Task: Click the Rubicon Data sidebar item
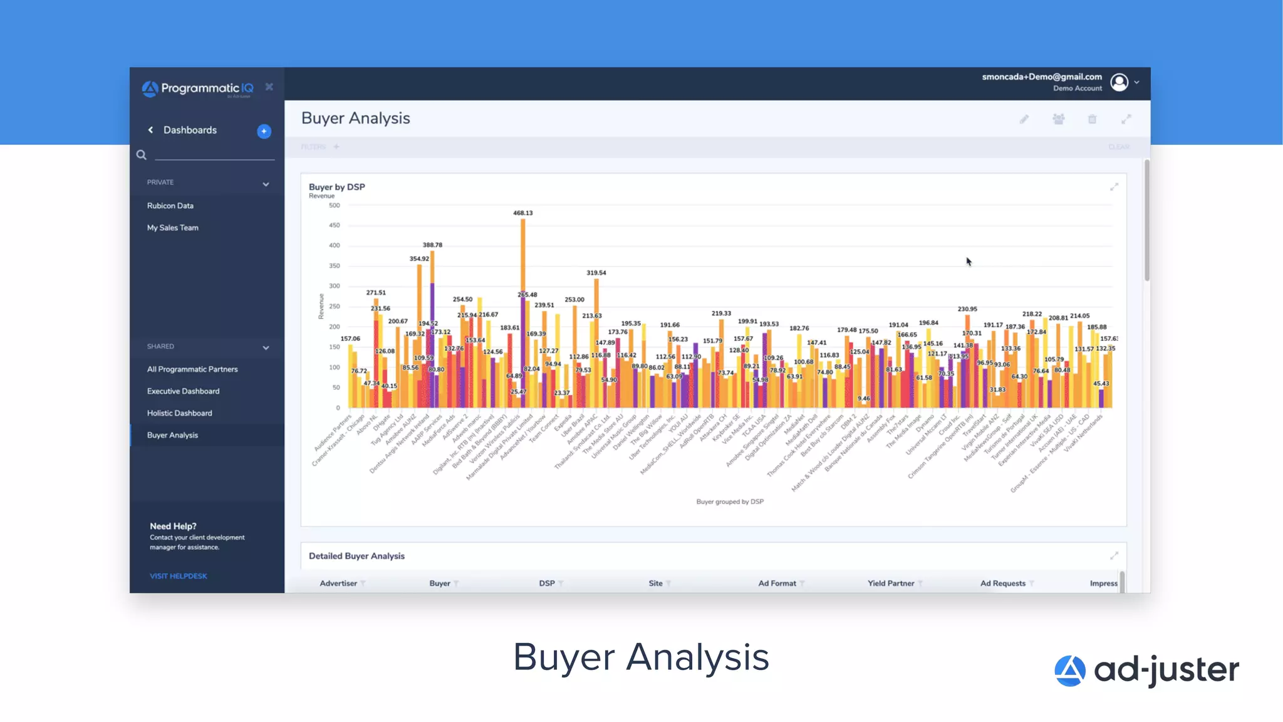(x=170, y=206)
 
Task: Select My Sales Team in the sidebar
(x=172, y=228)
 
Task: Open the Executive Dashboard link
(x=183, y=391)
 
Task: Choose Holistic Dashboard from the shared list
(x=179, y=413)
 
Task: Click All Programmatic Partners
(x=192, y=369)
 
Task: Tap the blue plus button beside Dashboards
(x=264, y=131)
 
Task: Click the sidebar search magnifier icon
(x=142, y=155)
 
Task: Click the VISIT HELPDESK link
(x=178, y=576)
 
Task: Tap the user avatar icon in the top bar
(x=1119, y=82)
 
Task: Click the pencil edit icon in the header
(x=1024, y=119)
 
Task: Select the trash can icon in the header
(x=1092, y=119)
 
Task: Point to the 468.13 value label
(x=522, y=213)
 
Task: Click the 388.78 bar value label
(x=432, y=245)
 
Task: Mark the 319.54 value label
(x=596, y=273)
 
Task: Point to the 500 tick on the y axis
(x=335, y=206)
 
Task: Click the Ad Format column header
(x=777, y=583)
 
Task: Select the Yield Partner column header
(x=890, y=583)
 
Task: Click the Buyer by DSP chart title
(x=336, y=187)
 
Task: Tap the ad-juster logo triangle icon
(x=1069, y=671)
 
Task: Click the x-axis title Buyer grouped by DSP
(x=729, y=501)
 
